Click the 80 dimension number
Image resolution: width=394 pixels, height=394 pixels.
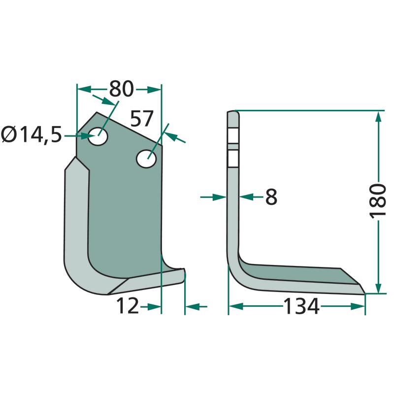click(x=121, y=89)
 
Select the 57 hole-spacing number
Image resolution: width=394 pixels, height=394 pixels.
click(x=142, y=118)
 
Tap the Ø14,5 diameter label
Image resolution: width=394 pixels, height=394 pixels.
click(x=32, y=135)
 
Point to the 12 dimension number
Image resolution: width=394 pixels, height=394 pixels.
click(x=128, y=306)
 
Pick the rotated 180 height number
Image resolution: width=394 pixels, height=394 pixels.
click(x=377, y=200)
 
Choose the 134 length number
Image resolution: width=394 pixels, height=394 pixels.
click(x=301, y=306)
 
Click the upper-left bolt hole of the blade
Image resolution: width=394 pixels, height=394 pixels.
click(x=98, y=136)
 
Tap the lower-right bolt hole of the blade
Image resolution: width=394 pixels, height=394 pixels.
click(x=146, y=159)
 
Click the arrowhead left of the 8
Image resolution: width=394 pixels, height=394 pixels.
click(x=220, y=197)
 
